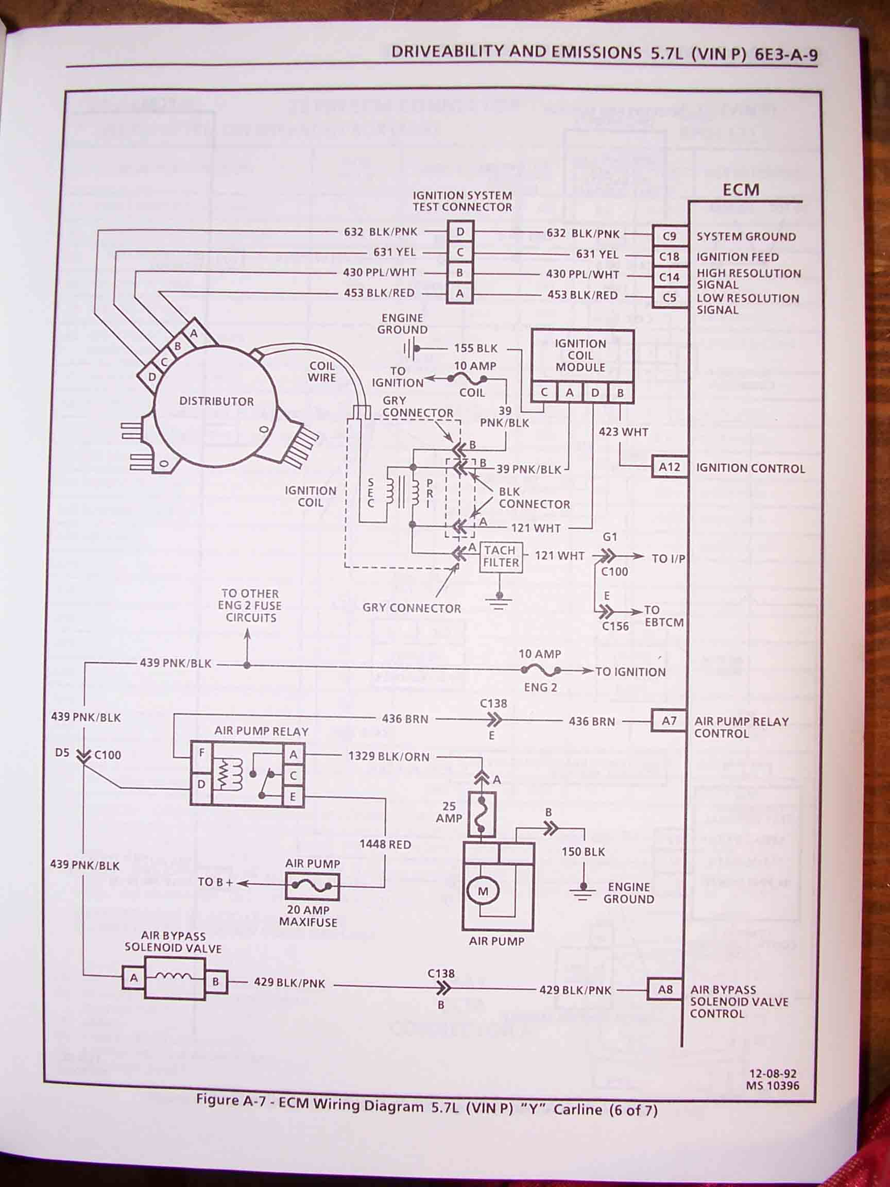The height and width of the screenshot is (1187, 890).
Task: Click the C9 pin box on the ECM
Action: click(670, 236)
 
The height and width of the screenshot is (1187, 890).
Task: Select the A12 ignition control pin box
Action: click(669, 467)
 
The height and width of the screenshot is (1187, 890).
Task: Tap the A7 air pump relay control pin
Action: click(669, 721)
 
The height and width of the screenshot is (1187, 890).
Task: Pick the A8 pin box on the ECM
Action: click(665, 989)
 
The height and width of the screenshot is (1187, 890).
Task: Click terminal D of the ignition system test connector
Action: click(460, 232)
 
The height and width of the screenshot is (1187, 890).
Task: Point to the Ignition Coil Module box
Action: click(581, 355)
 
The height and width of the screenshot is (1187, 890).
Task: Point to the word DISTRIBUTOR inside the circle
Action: click(216, 401)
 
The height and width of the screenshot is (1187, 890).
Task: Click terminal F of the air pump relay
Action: click(202, 753)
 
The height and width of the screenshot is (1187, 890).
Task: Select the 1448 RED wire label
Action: click(385, 844)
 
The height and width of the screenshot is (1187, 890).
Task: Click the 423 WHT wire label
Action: click(623, 431)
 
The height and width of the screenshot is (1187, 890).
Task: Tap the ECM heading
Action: click(740, 190)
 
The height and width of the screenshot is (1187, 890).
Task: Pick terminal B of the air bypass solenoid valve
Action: click(215, 982)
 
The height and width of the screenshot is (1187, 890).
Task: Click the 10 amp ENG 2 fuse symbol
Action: click(540, 670)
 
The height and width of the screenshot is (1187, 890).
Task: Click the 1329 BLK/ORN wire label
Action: click(388, 757)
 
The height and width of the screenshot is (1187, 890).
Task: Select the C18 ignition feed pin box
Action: click(670, 257)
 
